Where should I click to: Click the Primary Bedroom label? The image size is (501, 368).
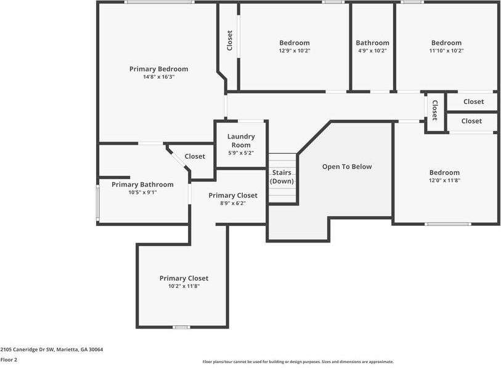158,69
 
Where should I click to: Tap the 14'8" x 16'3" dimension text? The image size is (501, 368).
158,77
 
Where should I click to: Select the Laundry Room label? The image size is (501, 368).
240,141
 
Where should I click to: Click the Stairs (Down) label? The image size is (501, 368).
282,177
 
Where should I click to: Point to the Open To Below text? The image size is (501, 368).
347,167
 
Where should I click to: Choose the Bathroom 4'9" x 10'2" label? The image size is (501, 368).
372,43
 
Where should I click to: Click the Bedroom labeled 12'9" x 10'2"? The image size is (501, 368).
294,43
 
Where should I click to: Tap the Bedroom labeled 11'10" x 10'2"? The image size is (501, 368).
446,43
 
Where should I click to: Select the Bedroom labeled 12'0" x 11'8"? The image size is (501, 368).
444,173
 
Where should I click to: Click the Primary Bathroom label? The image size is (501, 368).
142,185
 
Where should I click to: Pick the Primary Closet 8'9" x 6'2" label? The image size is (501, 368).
233,196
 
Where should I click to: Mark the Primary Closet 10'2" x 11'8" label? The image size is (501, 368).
184,278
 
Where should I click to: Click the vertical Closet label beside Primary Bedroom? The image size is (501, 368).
230,41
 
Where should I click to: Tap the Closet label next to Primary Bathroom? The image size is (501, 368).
195,156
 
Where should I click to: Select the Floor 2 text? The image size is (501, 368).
9,359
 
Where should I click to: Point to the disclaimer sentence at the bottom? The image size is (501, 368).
298,362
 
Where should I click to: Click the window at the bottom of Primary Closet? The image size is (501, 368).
181,327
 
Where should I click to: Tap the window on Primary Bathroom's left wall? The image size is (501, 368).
97,203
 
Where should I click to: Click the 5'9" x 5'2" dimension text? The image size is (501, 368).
240,153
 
